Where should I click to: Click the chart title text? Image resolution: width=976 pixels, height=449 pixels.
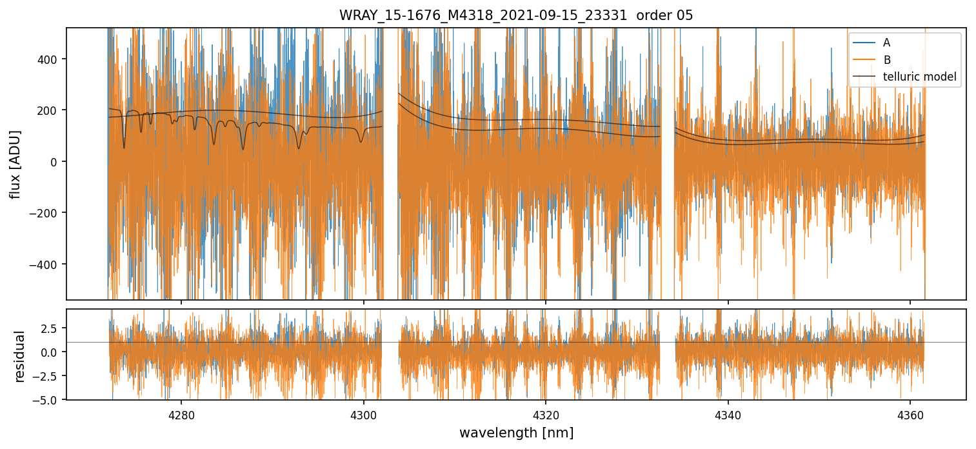tap(516, 15)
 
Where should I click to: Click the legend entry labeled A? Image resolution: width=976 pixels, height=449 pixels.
tap(886, 43)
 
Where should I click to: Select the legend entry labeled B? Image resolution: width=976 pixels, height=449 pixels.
tap(886, 60)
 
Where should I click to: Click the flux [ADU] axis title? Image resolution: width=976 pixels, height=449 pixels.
tap(15, 164)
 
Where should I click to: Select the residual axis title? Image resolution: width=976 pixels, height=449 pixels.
tap(19, 356)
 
